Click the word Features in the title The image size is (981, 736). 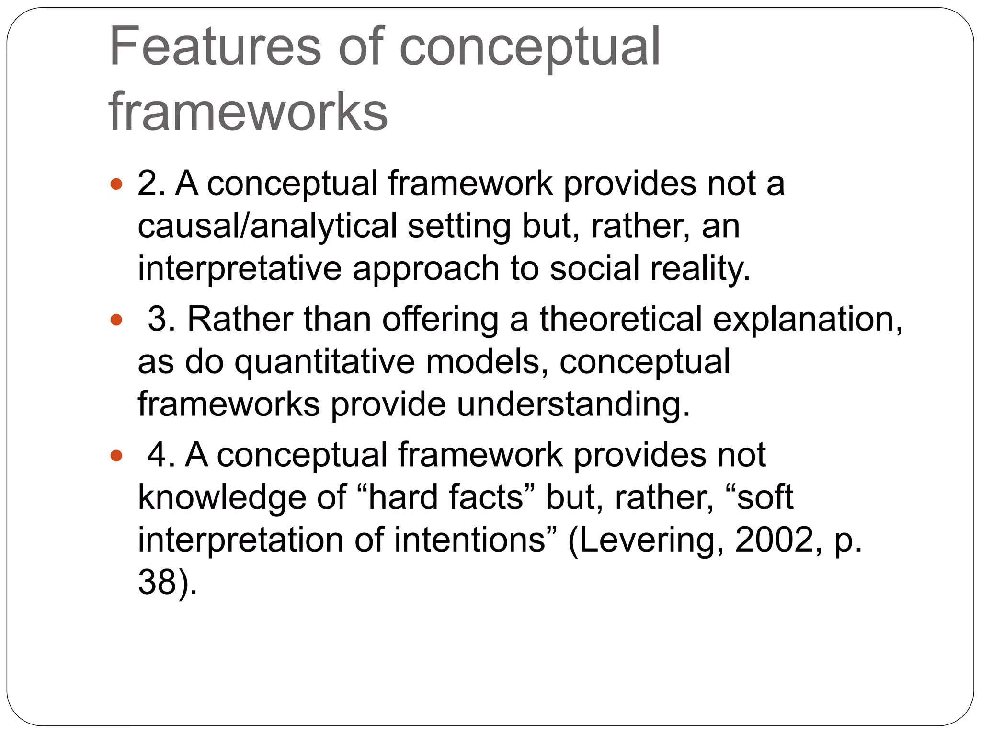point(215,47)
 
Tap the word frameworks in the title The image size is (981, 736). point(248,112)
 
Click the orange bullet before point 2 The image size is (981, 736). point(116,184)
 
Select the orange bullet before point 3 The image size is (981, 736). point(116,320)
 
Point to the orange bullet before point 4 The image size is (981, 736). point(116,455)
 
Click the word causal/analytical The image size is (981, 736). point(267,226)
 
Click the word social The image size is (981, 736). point(594,268)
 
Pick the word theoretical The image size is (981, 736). point(621,319)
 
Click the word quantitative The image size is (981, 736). point(324,362)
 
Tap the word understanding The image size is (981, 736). point(573,404)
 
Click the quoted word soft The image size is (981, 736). point(764,497)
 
